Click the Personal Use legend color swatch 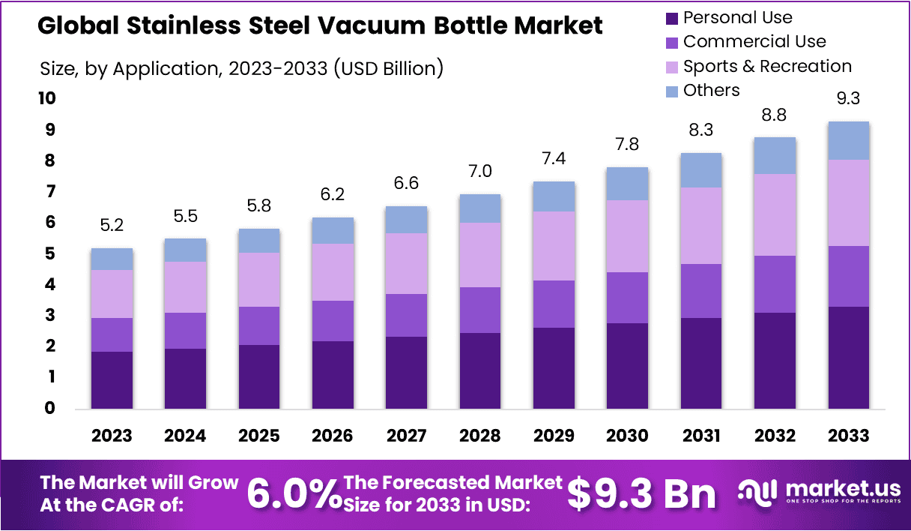point(671,17)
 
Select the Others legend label point(711,91)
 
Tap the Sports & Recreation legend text point(767,66)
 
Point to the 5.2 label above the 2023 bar point(112,225)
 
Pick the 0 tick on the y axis point(49,409)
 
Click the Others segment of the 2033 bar point(848,140)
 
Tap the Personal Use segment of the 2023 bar point(112,379)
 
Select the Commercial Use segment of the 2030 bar point(627,298)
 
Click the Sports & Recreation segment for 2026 point(333,272)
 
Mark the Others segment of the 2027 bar point(406,220)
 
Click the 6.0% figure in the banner point(293,493)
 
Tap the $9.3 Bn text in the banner point(641,493)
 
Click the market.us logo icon point(757,492)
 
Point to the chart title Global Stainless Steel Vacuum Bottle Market point(320,26)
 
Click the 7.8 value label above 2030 point(627,145)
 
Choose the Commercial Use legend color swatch point(671,42)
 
